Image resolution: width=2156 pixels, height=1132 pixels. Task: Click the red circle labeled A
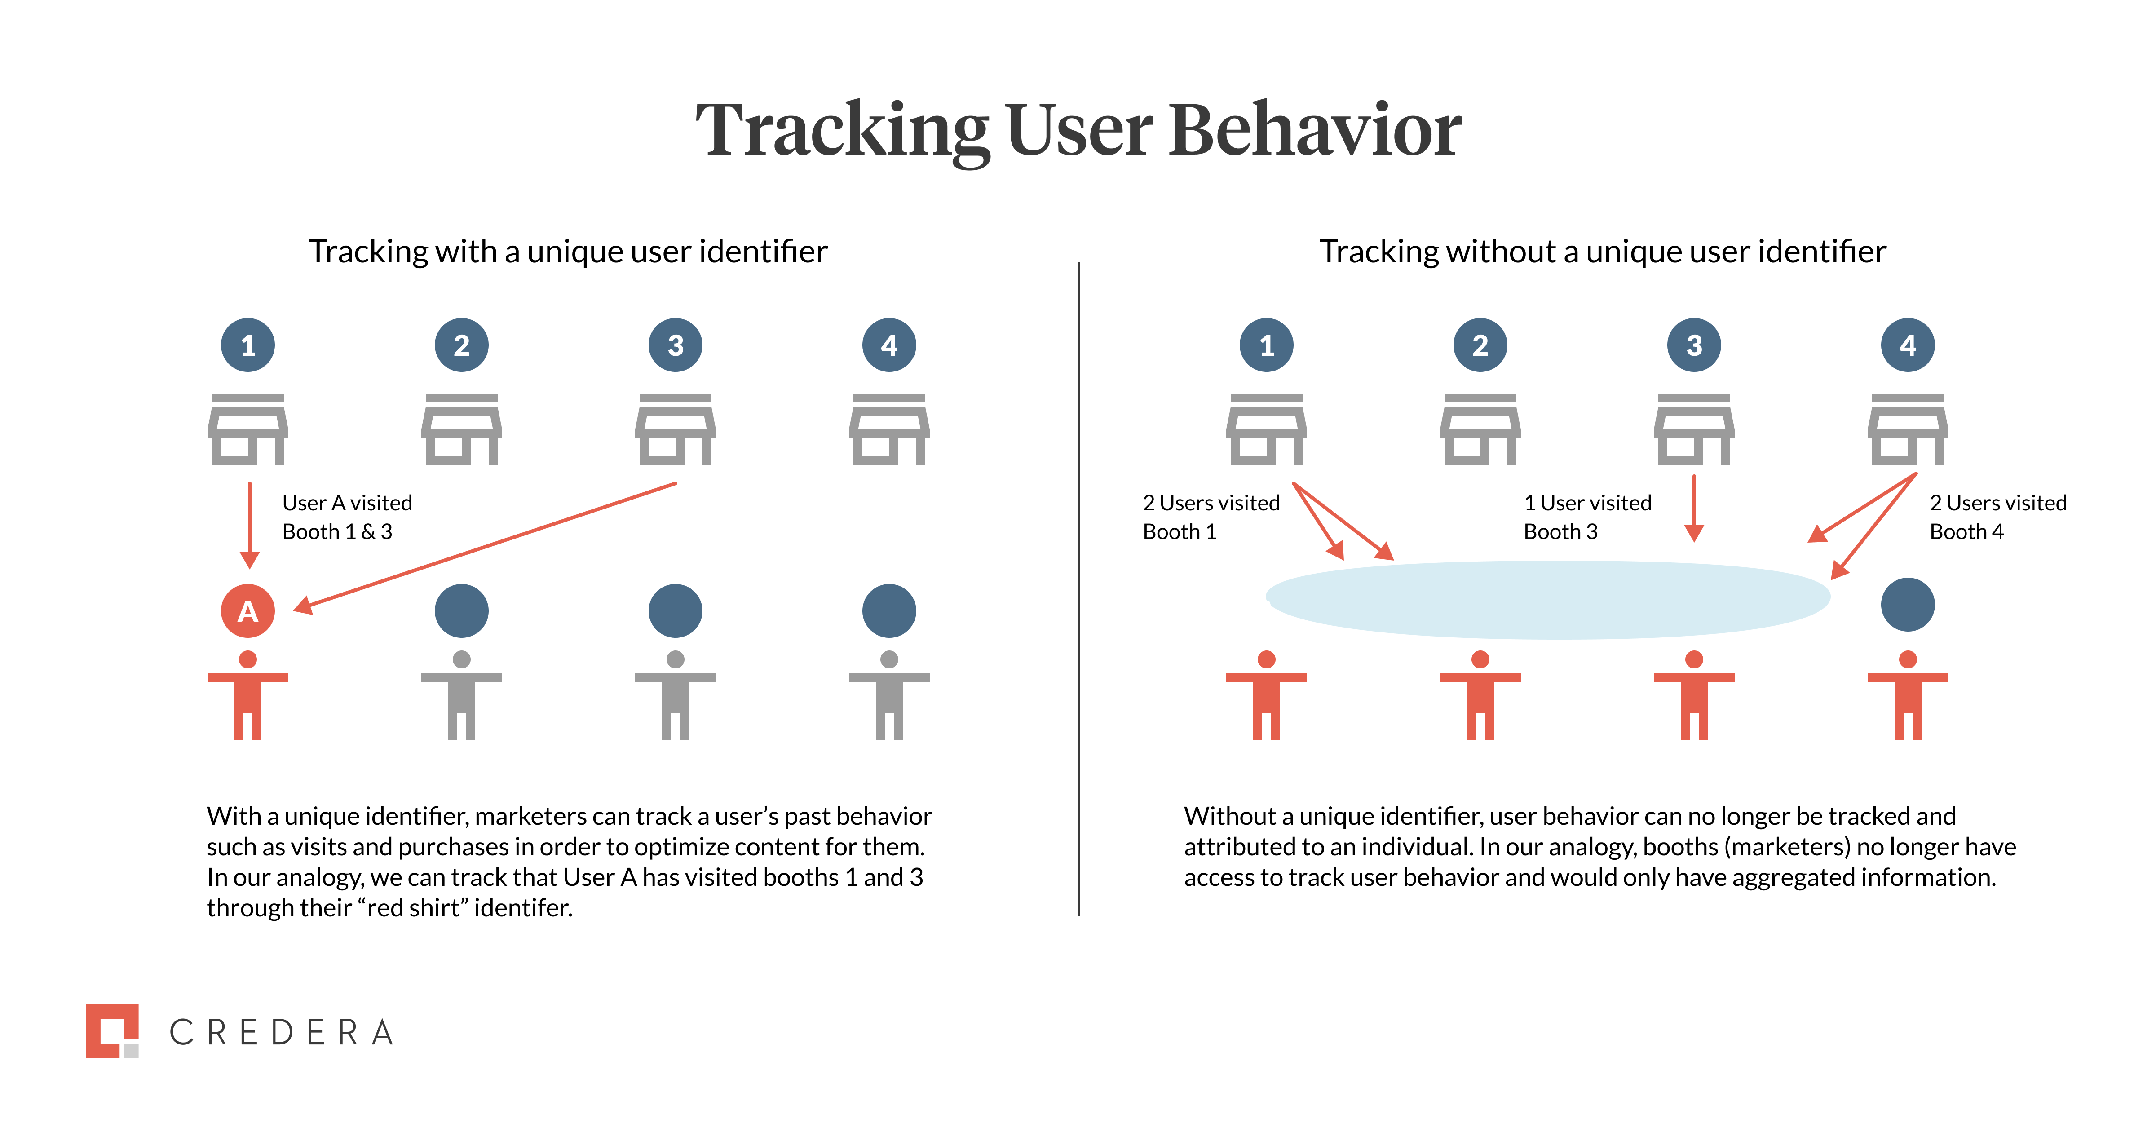248,610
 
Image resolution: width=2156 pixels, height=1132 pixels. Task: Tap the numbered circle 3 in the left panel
676,345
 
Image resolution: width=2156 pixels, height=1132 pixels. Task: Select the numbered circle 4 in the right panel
1908,345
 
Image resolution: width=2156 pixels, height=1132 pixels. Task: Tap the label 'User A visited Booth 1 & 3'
346,517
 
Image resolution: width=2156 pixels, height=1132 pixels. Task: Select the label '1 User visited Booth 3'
1587,517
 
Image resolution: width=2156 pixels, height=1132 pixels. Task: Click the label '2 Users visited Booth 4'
1997,517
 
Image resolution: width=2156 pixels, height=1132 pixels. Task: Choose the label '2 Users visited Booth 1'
1210,517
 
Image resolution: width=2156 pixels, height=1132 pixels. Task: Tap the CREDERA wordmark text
281,1032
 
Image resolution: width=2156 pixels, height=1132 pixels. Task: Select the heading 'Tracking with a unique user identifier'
567,251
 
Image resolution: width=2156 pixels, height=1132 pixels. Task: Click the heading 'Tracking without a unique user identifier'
1602,251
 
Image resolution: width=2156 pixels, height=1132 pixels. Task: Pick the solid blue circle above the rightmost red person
1908,605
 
